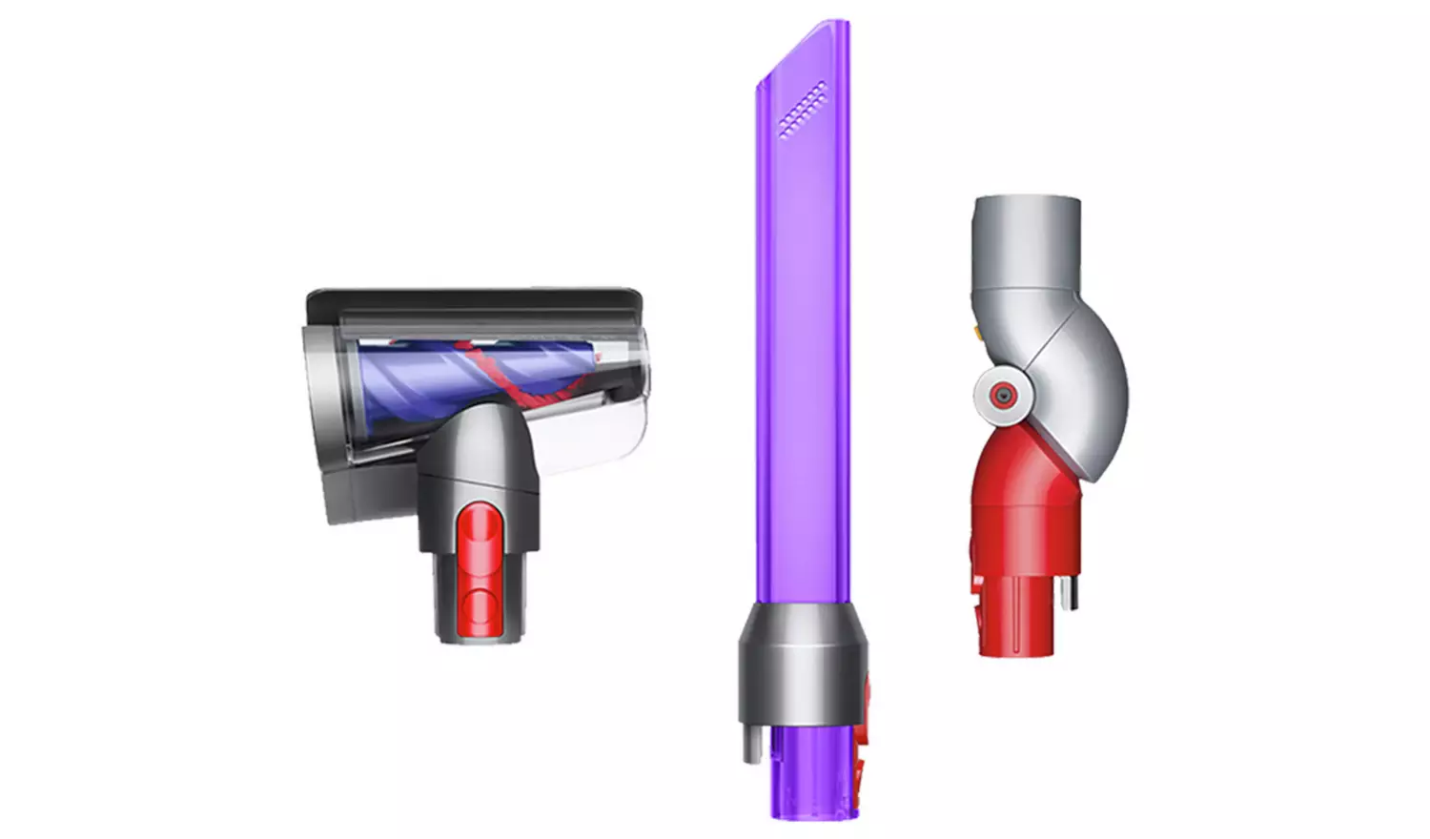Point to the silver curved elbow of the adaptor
1087,381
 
